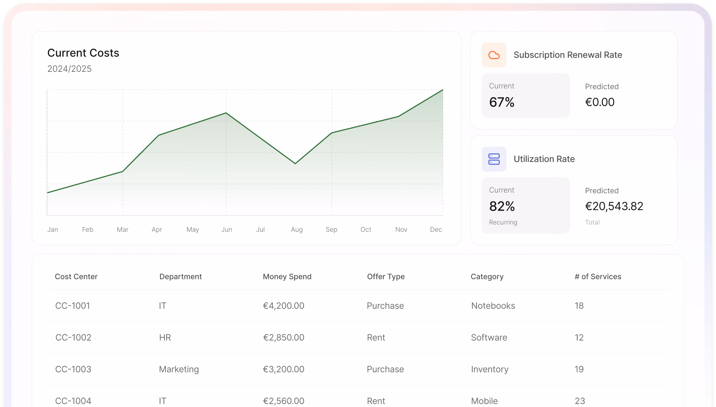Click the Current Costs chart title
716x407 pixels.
(x=83, y=53)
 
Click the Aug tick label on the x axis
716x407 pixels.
(x=297, y=229)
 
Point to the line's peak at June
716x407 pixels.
(x=226, y=113)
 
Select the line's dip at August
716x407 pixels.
(x=295, y=163)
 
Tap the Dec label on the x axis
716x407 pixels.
(x=436, y=229)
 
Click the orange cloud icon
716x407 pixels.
(x=494, y=55)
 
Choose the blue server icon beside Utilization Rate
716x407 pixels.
(x=494, y=159)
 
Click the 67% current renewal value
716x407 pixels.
(x=501, y=102)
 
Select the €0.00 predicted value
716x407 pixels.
(x=600, y=102)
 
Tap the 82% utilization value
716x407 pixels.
(x=502, y=206)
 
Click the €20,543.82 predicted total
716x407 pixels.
(x=614, y=206)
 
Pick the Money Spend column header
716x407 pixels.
(x=287, y=276)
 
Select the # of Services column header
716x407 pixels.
(x=598, y=276)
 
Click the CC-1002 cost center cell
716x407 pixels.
(x=73, y=337)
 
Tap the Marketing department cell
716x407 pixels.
(x=179, y=369)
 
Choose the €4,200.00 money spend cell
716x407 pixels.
(x=283, y=306)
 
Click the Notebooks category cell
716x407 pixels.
(x=493, y=306)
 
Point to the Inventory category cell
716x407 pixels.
(x=490, y=369)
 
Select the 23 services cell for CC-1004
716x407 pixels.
(x=580, y=401)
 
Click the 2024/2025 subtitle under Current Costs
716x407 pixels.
(x=69, y=69)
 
